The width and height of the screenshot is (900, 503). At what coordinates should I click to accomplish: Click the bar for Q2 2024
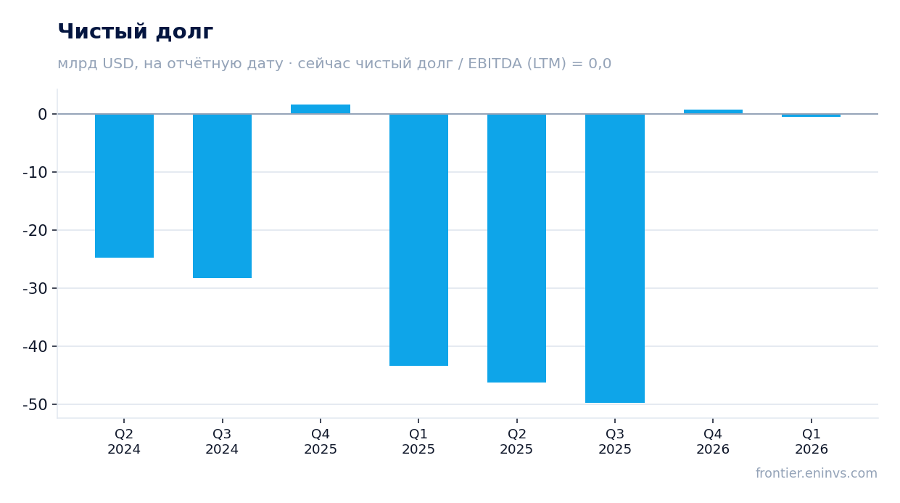coord(124,186)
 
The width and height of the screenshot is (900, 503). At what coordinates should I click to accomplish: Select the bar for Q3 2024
coord(222,196)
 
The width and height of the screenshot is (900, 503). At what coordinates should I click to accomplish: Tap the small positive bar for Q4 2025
coord(321,109)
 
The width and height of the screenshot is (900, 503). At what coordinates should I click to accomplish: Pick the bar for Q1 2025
coord(418,240)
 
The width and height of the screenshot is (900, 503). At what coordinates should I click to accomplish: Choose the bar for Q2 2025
coord(516,248)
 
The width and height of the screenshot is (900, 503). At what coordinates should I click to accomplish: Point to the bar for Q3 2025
coord(615,258)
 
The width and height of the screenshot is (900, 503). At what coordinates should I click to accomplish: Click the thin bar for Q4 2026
coord(713,112)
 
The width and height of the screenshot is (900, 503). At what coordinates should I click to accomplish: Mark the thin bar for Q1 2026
coord(812,115)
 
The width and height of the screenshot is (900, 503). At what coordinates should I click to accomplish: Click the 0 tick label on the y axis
coord(42,114)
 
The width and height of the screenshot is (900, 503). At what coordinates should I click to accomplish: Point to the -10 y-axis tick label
coord(35,173)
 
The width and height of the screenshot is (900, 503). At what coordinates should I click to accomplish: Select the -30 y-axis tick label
coord(35,288)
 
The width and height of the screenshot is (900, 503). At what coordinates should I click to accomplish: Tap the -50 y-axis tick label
coord(35,404)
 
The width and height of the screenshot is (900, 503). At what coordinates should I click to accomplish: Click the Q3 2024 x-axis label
coord(222,441)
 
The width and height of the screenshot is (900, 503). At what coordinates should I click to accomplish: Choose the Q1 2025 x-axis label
coord(418,441)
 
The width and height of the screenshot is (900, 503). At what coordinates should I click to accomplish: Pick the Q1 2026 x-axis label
coord(812,441)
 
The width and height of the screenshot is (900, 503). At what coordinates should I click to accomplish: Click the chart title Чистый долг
coord(136,31)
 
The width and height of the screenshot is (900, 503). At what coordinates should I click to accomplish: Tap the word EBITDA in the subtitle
coord(495,64)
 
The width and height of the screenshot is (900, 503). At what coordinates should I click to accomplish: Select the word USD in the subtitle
coord(118,64)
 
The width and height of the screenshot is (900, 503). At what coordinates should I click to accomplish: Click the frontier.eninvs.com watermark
coord(816,473)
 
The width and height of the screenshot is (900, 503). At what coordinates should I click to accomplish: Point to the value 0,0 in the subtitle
coord(600,64)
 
